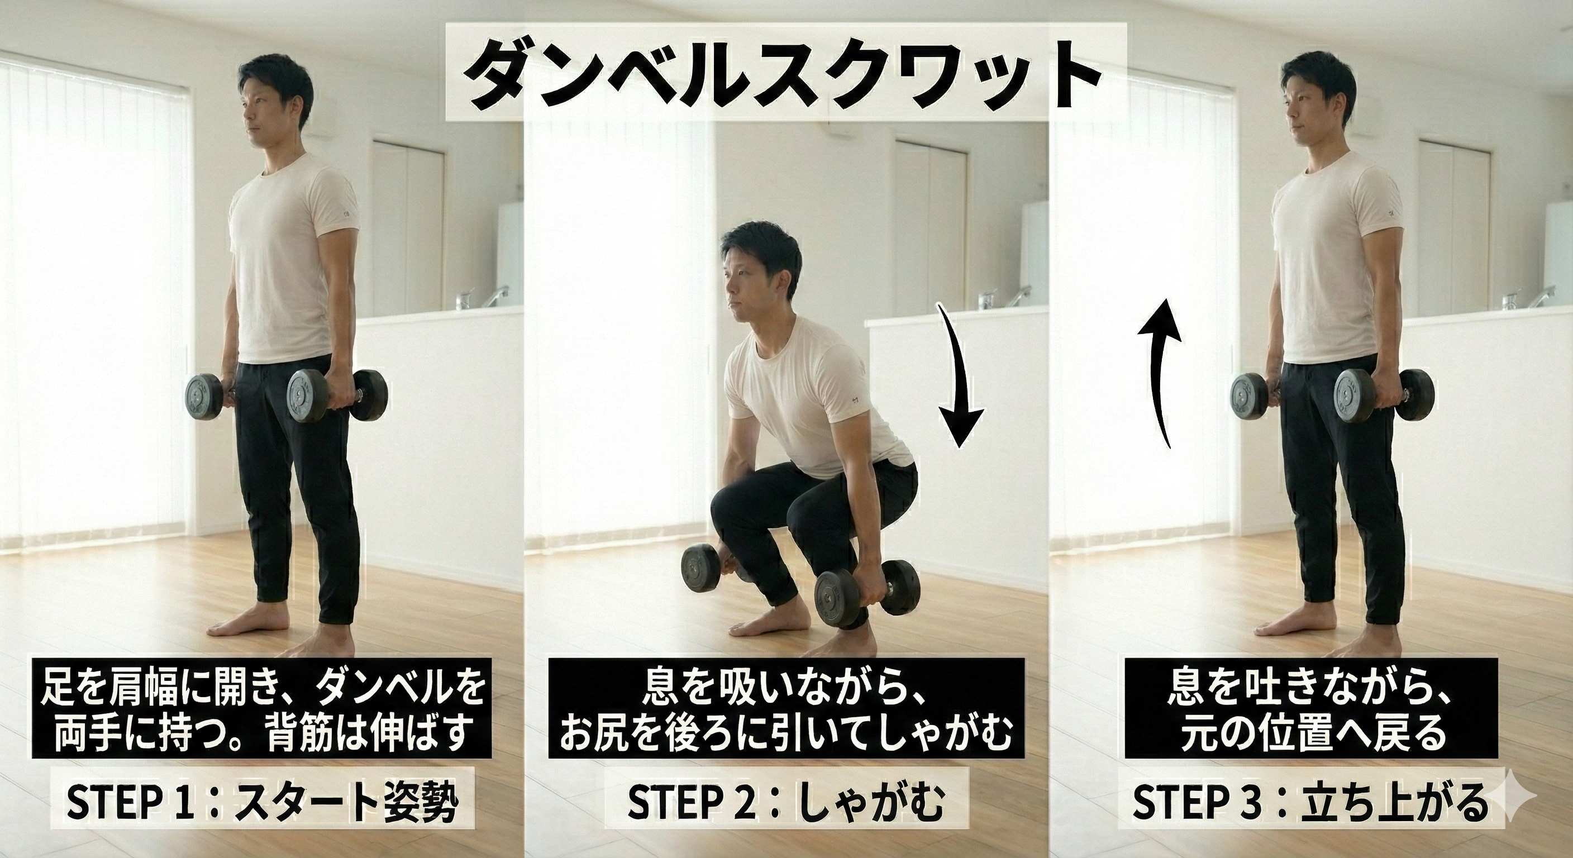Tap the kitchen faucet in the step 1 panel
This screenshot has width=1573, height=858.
(x=500, y=296)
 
